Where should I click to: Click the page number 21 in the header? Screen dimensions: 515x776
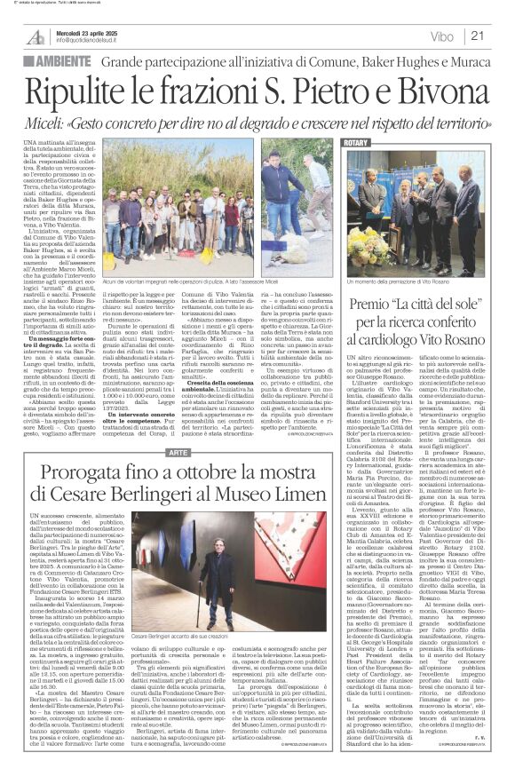click(478, 36)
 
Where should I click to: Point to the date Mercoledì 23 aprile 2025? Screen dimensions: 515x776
click(89, 30)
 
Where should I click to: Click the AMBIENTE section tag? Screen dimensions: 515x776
click(60, 62)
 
